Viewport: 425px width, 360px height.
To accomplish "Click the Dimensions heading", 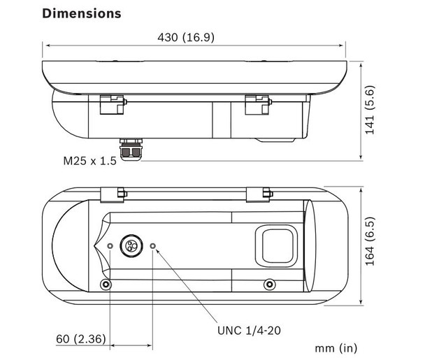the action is coord(82,13).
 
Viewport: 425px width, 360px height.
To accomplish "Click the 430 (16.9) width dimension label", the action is coord(186,38).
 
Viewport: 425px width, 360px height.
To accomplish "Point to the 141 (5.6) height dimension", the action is coord(370,110).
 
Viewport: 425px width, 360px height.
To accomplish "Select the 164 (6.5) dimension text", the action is coord(370,241).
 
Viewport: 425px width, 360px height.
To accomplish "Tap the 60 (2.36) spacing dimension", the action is coord(81,339).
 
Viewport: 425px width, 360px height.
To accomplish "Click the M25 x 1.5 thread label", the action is coord(89,161).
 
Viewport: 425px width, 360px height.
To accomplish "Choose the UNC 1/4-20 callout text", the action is coord(249,331).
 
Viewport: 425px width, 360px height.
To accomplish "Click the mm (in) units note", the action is coord(336,348).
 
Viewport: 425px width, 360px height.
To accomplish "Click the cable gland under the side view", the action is coord(131,150).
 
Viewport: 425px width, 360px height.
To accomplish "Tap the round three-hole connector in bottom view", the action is coord(132,246).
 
